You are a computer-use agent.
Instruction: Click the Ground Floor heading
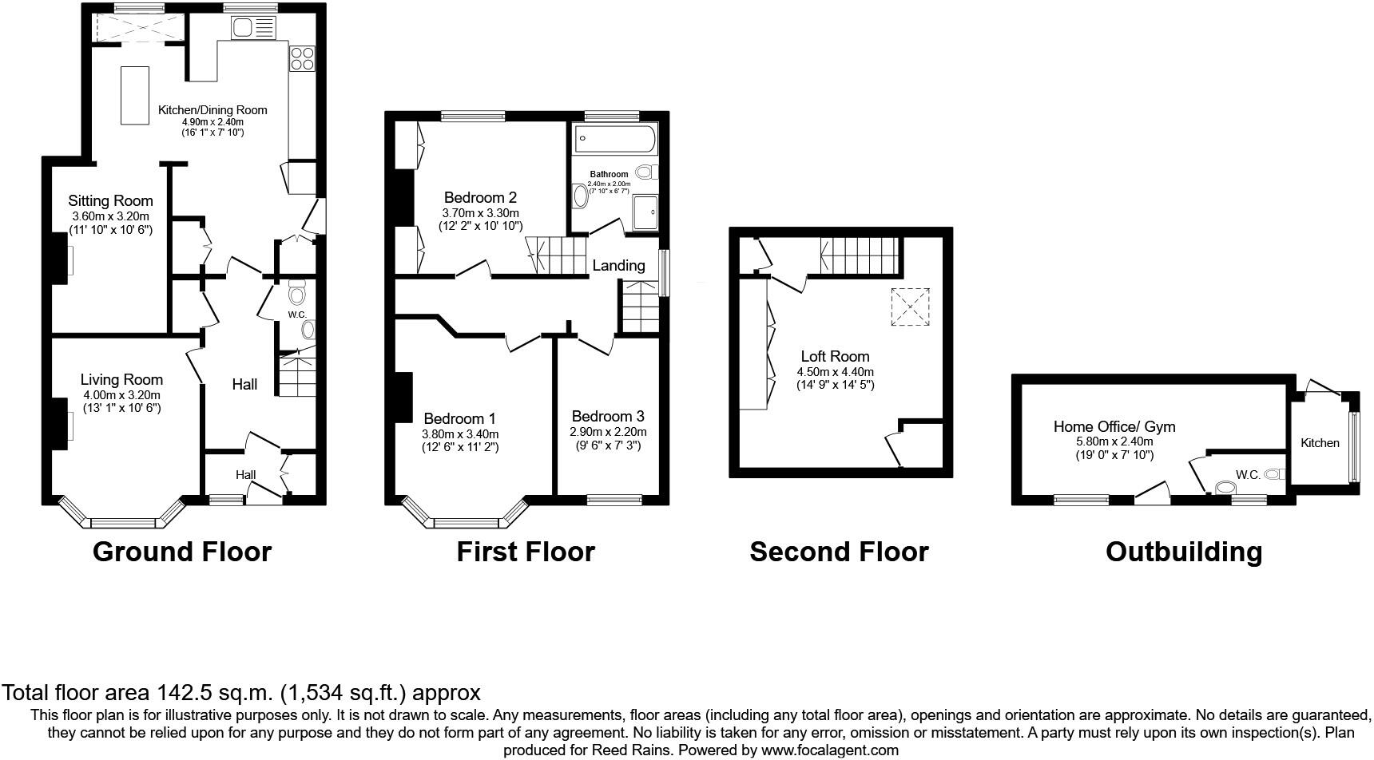click(182, 552)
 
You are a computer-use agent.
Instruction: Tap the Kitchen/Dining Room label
click(212, 110)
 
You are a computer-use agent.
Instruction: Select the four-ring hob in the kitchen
click(303, 57)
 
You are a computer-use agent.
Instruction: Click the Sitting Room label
click(110, 201)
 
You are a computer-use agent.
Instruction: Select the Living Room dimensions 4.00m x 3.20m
click(121, 395)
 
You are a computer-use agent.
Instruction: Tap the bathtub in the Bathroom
click(614, 138)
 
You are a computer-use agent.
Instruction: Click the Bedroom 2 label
click(480, 197)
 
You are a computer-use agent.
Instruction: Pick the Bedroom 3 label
click(608, 417)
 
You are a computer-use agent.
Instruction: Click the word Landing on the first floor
click(618, 265)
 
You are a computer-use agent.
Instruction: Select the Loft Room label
click(835, 356)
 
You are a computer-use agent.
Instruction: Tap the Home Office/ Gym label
click(1114, 427)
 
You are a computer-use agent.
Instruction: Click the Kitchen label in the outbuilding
click(1320, 442)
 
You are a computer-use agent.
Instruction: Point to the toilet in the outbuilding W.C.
click(1225, 487)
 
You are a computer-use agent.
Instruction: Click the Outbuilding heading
click(1184, 552)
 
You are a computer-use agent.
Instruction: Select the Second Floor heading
click(839, 552)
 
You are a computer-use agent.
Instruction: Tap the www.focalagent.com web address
click(830, 750)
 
